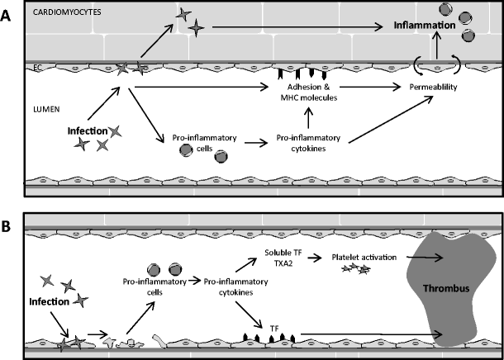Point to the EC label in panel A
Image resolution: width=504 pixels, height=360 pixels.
[x=36, y=67]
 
